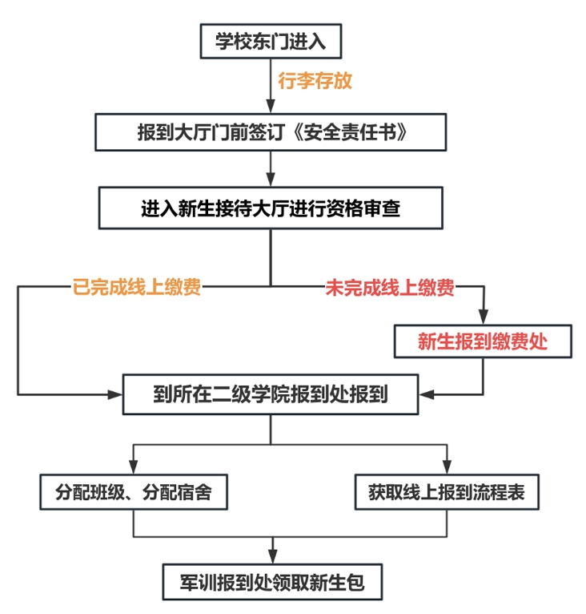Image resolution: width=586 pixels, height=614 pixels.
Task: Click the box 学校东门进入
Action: [x=271, y=41]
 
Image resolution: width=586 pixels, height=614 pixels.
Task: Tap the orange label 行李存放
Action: [x=315, y=81]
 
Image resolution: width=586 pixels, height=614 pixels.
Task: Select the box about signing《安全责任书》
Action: [x=271, y=132]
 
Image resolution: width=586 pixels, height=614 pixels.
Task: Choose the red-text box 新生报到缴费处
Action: [x=482, y=341]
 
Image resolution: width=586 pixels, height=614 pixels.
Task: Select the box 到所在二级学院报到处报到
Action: [x=271, y=394]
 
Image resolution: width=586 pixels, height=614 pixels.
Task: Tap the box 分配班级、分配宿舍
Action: [x=134, y=491]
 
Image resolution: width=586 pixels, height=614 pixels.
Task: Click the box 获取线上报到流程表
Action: [x=447, y=491]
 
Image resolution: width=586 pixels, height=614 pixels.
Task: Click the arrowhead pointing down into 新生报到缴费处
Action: [x=482, y=317]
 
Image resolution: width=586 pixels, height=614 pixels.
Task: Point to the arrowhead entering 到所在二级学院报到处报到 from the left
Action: [x=116, y=394]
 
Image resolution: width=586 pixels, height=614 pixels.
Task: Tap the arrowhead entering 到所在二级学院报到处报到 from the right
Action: [x=426, y=394]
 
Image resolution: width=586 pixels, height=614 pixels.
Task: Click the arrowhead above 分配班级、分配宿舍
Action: [x=134, y=467]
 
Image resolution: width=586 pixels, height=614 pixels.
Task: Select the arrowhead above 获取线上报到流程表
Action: [x=447, y=467]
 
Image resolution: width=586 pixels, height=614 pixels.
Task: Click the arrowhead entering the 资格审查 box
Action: [x=271, y=181]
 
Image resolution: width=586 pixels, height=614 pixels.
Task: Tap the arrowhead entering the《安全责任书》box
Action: [x=271, y=107]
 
